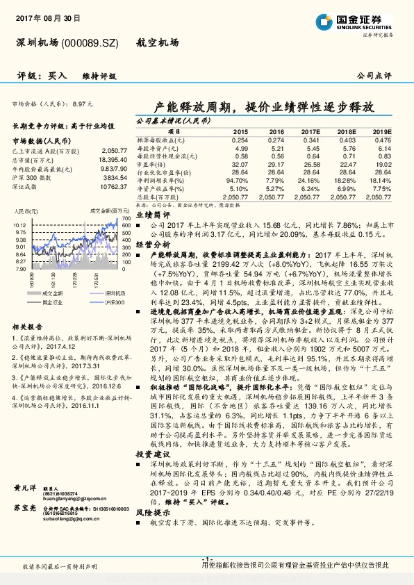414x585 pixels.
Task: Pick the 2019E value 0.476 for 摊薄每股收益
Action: [383, 140]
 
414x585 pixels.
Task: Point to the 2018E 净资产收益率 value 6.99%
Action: [346, 188]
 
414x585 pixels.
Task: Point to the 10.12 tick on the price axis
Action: [19, 226]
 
